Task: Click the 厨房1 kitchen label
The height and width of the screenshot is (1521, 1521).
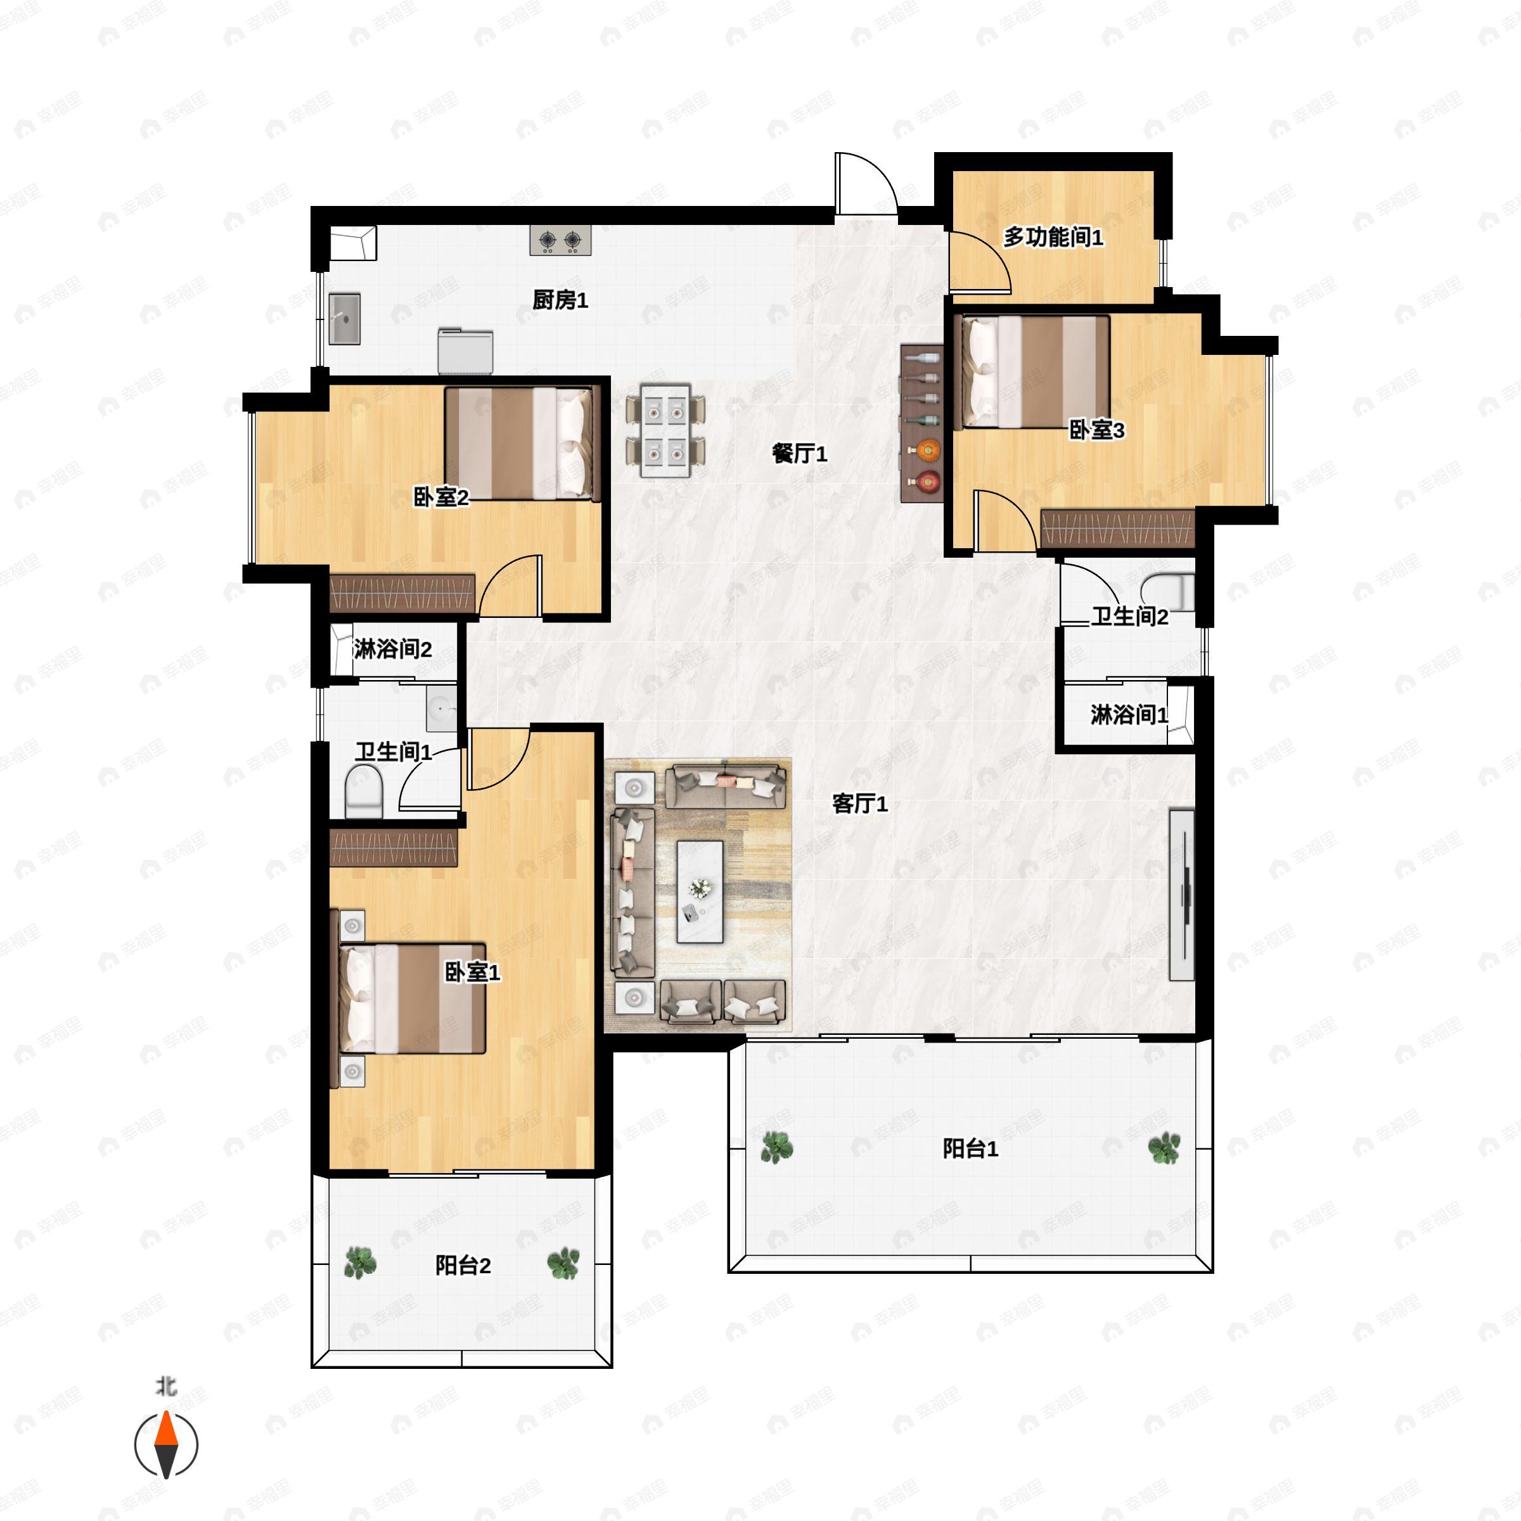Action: click(x=560, y=300)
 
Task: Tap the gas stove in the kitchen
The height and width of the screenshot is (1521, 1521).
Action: click(x=560, y=240)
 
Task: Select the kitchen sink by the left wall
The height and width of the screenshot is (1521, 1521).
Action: click(x=344, y=319)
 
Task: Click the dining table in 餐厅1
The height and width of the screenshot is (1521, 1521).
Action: click(x=665, y=430)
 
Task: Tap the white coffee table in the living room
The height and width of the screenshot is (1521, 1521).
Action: click(x=700, y=891)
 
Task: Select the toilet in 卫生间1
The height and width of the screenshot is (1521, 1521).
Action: click(x=363, y=791)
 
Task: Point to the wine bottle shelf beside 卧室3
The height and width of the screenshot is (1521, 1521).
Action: click(x=922, y=423)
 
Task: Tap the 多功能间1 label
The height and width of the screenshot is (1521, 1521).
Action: click(x=1053, y=236)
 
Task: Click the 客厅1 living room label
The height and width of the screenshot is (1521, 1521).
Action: click(x=860, y=804)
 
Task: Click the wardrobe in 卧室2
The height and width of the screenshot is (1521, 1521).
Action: click(x=402, y=594)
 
